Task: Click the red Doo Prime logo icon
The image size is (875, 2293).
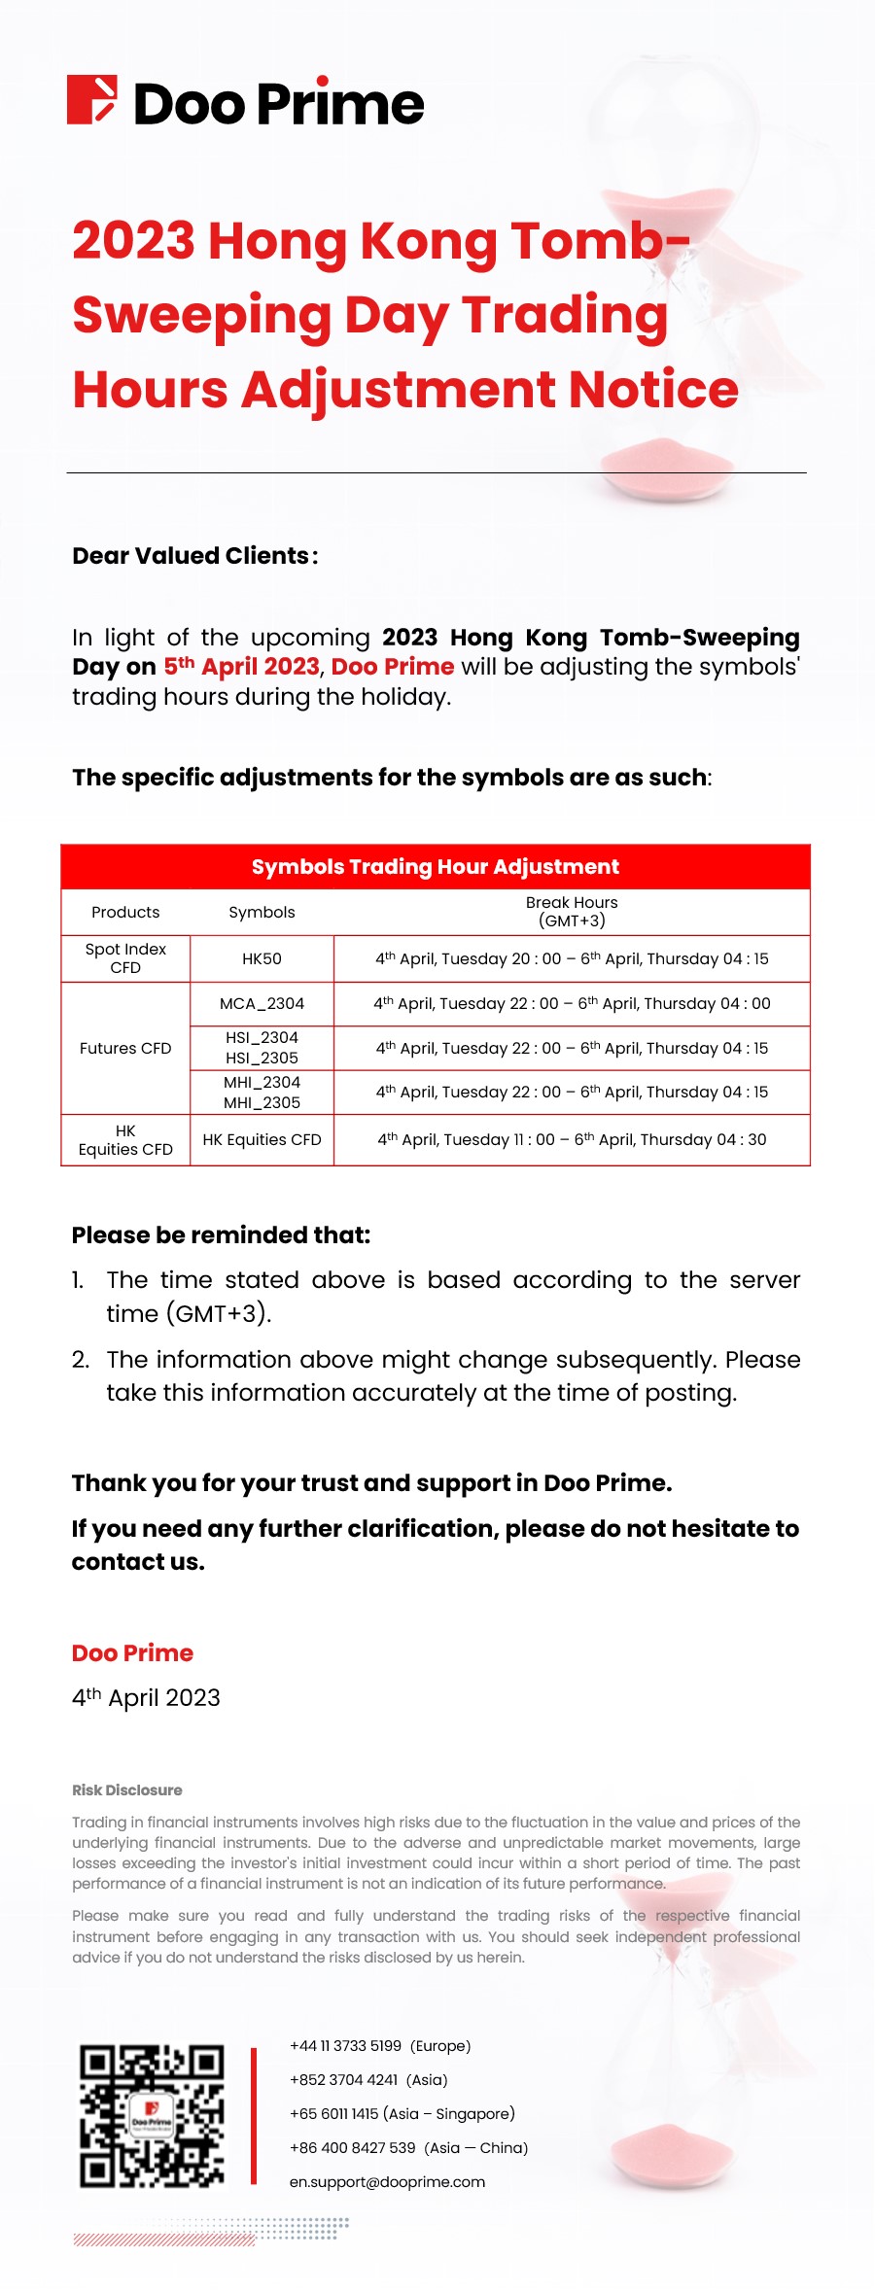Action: click(92, 100)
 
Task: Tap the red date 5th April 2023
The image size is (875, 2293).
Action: click(241, 667)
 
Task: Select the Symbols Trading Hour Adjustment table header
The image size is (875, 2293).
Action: click(435, 867)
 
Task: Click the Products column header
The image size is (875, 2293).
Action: click(125, 913)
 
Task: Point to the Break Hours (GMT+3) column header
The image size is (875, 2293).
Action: click(572, 912)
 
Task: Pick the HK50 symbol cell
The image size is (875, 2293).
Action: click(262, 959)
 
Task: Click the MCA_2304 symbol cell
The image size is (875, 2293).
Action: click(262, 1004)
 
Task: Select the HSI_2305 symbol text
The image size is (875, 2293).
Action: click(262, 1059)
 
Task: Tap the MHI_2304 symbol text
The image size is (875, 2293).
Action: click(262, 1083)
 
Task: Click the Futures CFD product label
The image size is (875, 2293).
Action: click(125, 1049)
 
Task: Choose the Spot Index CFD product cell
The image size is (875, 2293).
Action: click(125, 958)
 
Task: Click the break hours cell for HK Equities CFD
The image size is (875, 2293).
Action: click(572, 1140)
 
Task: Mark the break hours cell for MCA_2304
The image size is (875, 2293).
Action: click(572, 1004)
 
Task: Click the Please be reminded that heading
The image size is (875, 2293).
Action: click(221, 1235)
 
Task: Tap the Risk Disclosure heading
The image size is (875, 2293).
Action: click(127, 1790)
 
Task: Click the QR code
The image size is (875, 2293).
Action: click(152, 2116)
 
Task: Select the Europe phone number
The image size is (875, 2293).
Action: click(379, 2046)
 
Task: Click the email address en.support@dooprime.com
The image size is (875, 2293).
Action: click(387, 2182)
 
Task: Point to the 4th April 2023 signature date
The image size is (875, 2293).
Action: click(146, 1698)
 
